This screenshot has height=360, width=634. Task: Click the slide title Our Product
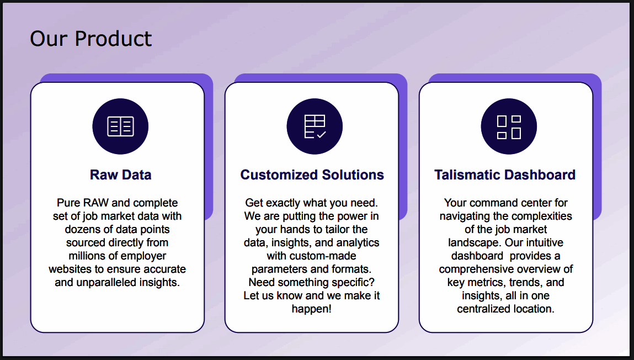pos(90,39)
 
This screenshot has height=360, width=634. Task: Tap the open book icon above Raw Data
pos(120,126)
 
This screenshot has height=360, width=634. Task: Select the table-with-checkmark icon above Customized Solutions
pos(315,126)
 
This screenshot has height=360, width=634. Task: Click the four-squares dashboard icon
pos(509,126)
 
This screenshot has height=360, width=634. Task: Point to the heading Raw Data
pos(120,174)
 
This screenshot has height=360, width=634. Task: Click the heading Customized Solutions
pos(312,174)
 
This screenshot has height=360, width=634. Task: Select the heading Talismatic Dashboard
pos(505,174)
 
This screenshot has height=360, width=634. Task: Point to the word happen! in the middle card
pos(312,309)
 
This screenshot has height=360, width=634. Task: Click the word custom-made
pos(311,256)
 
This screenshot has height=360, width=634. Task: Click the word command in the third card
pos(491,203)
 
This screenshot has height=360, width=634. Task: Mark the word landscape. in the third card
pos(475,243)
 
